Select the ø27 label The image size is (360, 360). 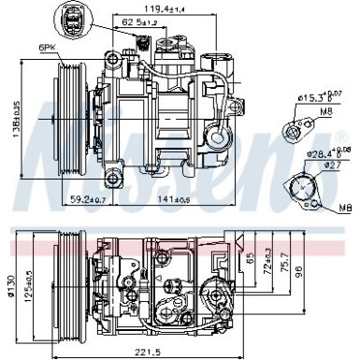(329, 166)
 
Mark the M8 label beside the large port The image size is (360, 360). (346, 207)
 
